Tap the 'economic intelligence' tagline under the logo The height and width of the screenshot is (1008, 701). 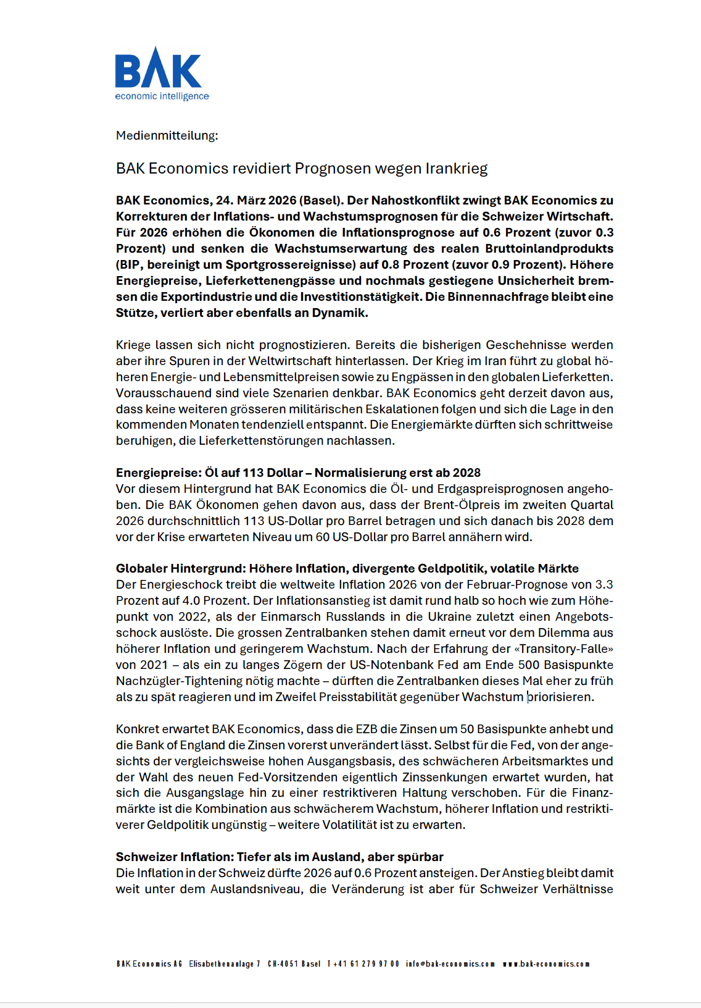pos(162,96)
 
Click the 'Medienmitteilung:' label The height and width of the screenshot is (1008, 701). pos(167,135)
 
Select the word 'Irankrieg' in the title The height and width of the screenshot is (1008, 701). pos(457,169)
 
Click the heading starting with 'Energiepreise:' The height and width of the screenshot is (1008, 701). pos(298,473)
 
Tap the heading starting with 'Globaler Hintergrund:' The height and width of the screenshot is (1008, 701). pos(347,569)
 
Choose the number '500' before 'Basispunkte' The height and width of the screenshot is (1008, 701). pos(529,665)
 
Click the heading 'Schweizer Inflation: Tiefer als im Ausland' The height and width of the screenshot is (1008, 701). pos(280,857)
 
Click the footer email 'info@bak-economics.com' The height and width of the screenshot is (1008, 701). pos(450,964)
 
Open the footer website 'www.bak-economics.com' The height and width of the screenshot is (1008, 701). pos(546,964)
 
